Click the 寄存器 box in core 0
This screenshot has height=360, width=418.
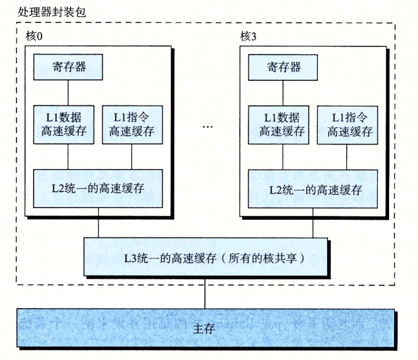pos(68,66)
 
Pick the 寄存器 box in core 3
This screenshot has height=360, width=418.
pos(283,66)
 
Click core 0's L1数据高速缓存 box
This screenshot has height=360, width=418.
pos(65,124)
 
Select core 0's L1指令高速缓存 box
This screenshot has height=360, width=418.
pos(132,124)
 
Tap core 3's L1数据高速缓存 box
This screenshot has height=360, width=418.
pos(280,124)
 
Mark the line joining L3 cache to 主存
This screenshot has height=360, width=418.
pos(205,294)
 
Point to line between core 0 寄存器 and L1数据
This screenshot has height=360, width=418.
pos(68,92)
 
